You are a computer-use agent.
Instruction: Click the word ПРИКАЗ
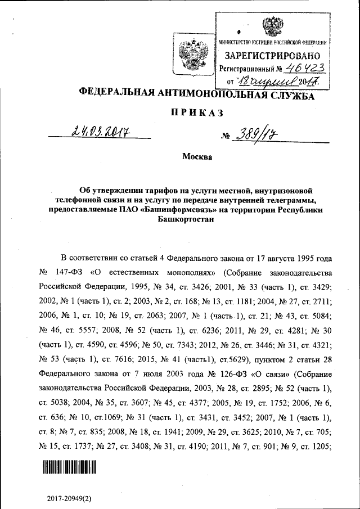coord(196,113)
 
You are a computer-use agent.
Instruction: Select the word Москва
coord(197,157)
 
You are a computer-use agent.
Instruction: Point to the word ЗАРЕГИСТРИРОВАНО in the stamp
coord(273,56)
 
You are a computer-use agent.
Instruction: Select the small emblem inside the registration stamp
coord(273,26)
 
